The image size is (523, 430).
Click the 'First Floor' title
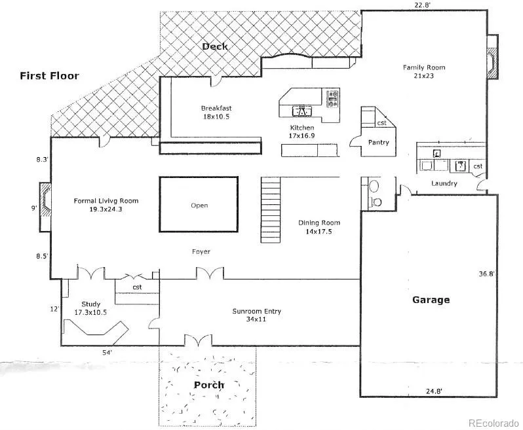coord(49,76)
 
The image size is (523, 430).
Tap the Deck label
coord(215,46)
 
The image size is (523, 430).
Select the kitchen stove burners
coord(333,99)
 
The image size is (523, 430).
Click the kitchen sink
coord(302,111)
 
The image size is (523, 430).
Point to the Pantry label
coord(379,142)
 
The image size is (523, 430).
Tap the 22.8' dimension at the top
coord(423,5)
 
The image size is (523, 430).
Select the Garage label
coord(431,300)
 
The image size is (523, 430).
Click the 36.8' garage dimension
coord(486,274)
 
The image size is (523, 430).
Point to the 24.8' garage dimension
coord(434,391)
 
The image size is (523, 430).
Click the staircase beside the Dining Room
coord(271,210)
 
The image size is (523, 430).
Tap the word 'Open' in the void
coord(199,205)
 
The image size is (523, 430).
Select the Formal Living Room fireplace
coord(45,207)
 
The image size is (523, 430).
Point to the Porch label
coord(209,385)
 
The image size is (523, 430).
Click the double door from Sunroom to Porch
coord(198,340)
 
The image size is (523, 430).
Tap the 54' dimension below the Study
coord(107,352)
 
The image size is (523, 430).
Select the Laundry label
coord(444,183)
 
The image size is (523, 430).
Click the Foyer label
coord(201,251)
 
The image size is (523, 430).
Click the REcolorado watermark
coord(494,423)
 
